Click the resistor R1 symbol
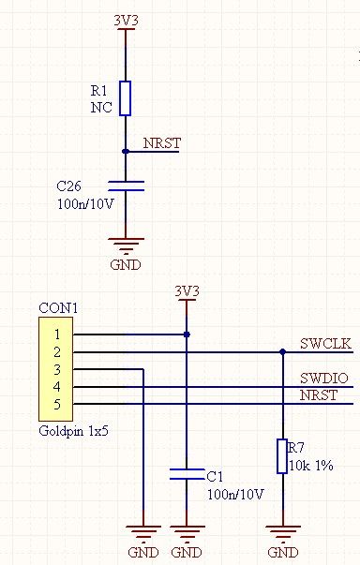point(125,97)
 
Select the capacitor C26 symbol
point(125,185)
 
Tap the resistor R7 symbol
point(282,455)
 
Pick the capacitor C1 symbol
point(187,474)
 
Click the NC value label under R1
point(100,108)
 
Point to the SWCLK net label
point(325,343)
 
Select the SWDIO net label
point(324,378)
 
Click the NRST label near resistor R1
point(161,143)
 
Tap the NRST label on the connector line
point(319,395)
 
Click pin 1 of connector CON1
point(57,334)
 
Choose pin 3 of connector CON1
point(57,369)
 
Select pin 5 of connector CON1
point(57,404)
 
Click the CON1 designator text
point(57,307)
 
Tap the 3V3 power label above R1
point(125,19)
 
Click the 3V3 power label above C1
point(187,291)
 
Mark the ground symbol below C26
point(125,245)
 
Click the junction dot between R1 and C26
point(125,150)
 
